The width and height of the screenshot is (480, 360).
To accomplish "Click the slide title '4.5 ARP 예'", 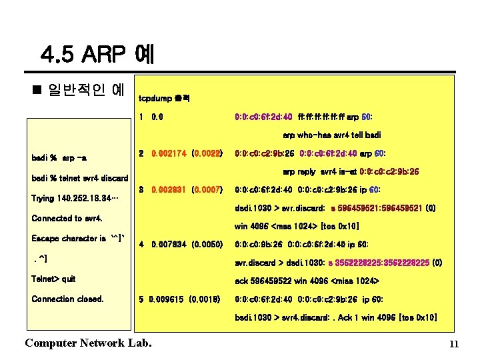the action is [x=97, y=53].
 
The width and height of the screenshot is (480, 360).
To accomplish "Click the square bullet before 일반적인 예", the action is [x=37, y=88].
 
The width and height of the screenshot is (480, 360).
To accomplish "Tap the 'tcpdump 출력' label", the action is [x=164, y=99].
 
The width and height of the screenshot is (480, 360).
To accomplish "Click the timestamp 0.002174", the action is [x=169, y=153].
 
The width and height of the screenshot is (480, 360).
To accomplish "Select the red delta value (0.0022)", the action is [x=206, y=153].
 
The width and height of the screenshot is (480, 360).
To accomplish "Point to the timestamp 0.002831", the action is [x=169, y=190].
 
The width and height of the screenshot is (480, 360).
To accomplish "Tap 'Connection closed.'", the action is [x=68, y=299].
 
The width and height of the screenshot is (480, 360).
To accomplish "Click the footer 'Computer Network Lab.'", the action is [x=87, y=343].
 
